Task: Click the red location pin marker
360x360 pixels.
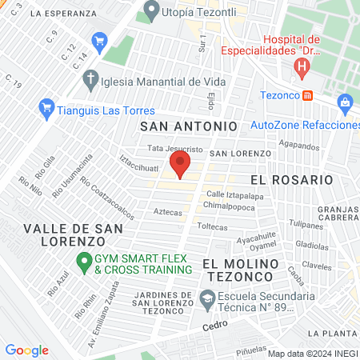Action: (x=180, y=166)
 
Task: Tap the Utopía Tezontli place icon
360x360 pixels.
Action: (x=150, y=11)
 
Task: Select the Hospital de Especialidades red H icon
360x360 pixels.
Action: (x=302, y=69)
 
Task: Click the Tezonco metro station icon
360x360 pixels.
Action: (x=309, y=95)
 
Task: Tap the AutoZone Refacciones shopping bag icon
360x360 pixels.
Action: (x=346, y=102)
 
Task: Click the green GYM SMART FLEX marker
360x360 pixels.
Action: (x=82, y=261)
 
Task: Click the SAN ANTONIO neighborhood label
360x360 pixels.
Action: (x=189, y=126)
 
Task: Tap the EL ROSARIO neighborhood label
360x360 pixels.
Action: (x=291, y=180)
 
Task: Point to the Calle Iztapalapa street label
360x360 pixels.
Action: (x=233, y=194)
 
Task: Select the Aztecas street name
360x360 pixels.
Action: (x=167, y=212)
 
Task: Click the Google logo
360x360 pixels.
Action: (x=26, y=350)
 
